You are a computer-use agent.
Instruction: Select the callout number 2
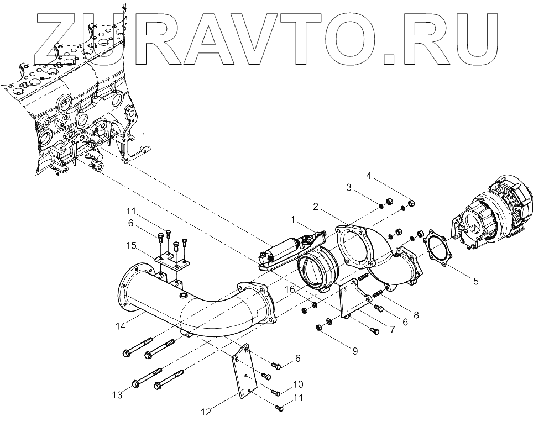pyautogui.click(x=315, y=207)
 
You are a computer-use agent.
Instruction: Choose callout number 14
pyautogui.click(x=121, y=326)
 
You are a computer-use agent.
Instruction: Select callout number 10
pyautogui.click(x=298, y=384)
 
